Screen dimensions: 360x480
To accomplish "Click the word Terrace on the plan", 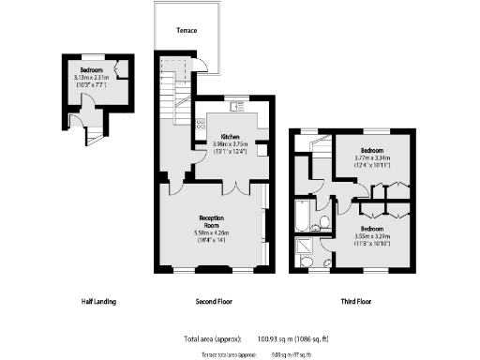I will click(186, 30).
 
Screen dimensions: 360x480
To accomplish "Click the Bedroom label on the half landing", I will click(91, 70).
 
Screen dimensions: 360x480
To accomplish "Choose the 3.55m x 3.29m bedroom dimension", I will click(373, 237).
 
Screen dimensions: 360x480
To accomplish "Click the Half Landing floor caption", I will click(99, 302).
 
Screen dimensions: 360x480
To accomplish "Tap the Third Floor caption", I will click(356, 302).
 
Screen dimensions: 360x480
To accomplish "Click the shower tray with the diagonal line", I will click(307, 248).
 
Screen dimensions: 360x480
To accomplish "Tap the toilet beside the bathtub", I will click(322, 222).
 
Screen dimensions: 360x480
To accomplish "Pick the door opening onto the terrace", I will click(198, 65).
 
